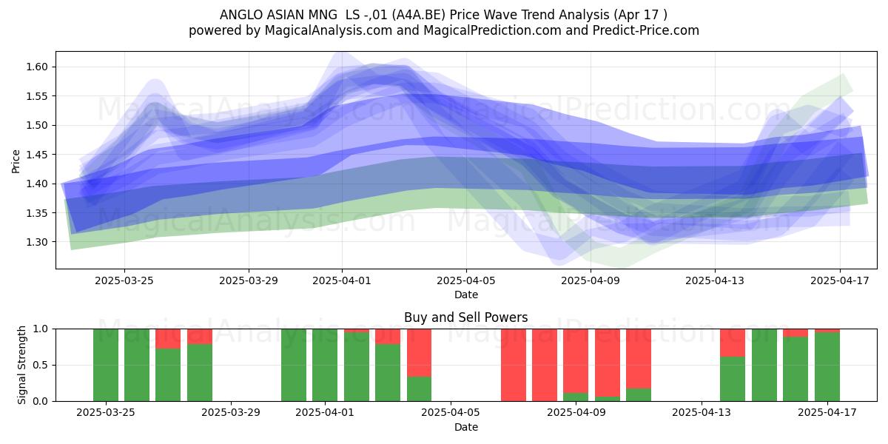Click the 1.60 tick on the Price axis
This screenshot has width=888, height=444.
click(x=37, y=67)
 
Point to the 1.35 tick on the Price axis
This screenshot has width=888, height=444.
click(x=37, y=213)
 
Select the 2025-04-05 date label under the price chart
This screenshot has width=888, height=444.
click(x=466, y=280)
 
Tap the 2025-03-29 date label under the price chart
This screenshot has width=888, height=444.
click(x=249, y=280)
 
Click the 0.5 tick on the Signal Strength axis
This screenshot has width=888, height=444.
click(x=41, y=365)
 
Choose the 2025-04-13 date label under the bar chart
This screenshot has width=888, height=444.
click(x=702, y=412)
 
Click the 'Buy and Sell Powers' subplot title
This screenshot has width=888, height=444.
click(x=465, y=317)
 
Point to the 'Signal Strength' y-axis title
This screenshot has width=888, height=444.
click(x=21, y=365)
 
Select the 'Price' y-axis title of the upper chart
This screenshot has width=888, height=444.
click(x=16, y=161)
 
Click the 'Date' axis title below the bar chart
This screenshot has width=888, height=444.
click(x=466, y=427)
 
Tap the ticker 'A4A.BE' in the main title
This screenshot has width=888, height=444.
click(x=419, y=15)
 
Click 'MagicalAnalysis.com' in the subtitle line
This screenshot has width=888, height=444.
click(x=329, y=30)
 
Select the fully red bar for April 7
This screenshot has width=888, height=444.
click(x=514, y=365)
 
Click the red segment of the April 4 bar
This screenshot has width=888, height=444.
click(x=419, y=352)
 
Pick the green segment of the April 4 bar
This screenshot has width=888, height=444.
click(x=419, y=389)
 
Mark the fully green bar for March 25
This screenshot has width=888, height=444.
click(x=106, y=365)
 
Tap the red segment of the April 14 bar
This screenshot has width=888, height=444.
click(x=733, y=343)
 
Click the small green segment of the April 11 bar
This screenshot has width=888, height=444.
click(x=639, y=395)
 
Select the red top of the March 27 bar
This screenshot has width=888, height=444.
click(x=168, y=339)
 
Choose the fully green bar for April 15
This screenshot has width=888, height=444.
click(x=764, y=365)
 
